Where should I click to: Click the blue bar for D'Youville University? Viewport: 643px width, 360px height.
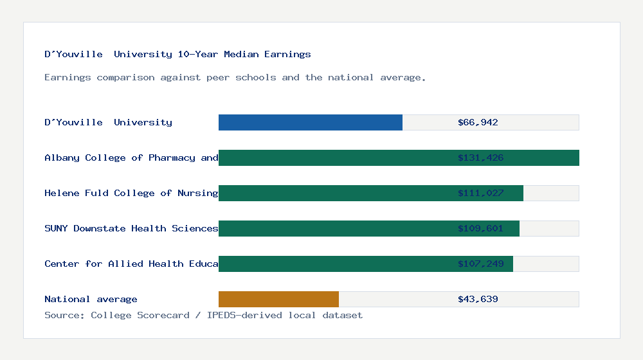311,122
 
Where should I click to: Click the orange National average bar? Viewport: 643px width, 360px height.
278,299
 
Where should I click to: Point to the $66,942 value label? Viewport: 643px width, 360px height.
478,122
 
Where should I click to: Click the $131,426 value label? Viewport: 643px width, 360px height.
480,157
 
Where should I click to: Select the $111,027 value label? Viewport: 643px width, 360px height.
480,193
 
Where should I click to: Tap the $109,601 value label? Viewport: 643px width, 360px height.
480,228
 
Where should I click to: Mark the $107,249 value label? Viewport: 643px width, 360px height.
480,264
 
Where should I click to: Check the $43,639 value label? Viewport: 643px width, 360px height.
478,299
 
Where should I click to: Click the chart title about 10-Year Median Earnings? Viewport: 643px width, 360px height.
177,55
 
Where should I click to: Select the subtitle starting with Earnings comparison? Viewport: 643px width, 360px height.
235,78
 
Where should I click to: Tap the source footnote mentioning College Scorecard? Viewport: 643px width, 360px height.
203,316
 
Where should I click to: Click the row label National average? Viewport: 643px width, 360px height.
91,299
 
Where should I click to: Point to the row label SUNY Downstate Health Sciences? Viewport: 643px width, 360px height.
131,228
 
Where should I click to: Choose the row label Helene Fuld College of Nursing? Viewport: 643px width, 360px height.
131,193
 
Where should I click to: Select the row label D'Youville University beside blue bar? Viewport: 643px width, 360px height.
108,122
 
